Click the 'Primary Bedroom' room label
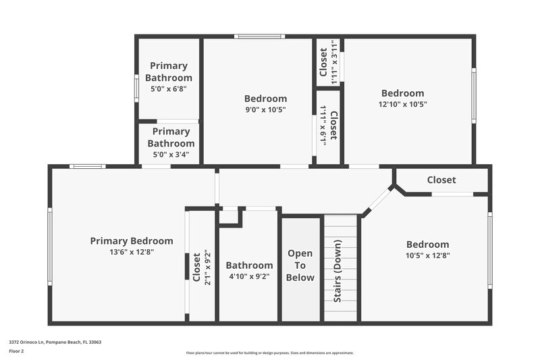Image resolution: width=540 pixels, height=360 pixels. coord(132,241)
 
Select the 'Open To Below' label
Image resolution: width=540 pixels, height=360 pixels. coord(300,265)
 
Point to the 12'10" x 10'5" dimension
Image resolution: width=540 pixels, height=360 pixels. coord(402,104)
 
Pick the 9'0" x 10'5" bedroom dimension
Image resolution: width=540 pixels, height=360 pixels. coord(265,109)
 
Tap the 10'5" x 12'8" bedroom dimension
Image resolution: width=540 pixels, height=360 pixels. coord(427,255)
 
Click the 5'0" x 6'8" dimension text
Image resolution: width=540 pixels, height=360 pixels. coord(169,88)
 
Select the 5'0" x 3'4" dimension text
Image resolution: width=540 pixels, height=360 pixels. coord(169,154)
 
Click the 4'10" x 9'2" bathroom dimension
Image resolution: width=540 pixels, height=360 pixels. coord(249,276)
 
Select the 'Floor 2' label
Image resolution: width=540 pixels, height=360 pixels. coord(17,351)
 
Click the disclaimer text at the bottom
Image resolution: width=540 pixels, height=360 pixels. coord(269,353)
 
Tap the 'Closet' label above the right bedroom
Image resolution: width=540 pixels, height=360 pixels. coord(441,180)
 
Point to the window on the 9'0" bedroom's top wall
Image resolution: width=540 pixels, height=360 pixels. coord(259,36)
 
